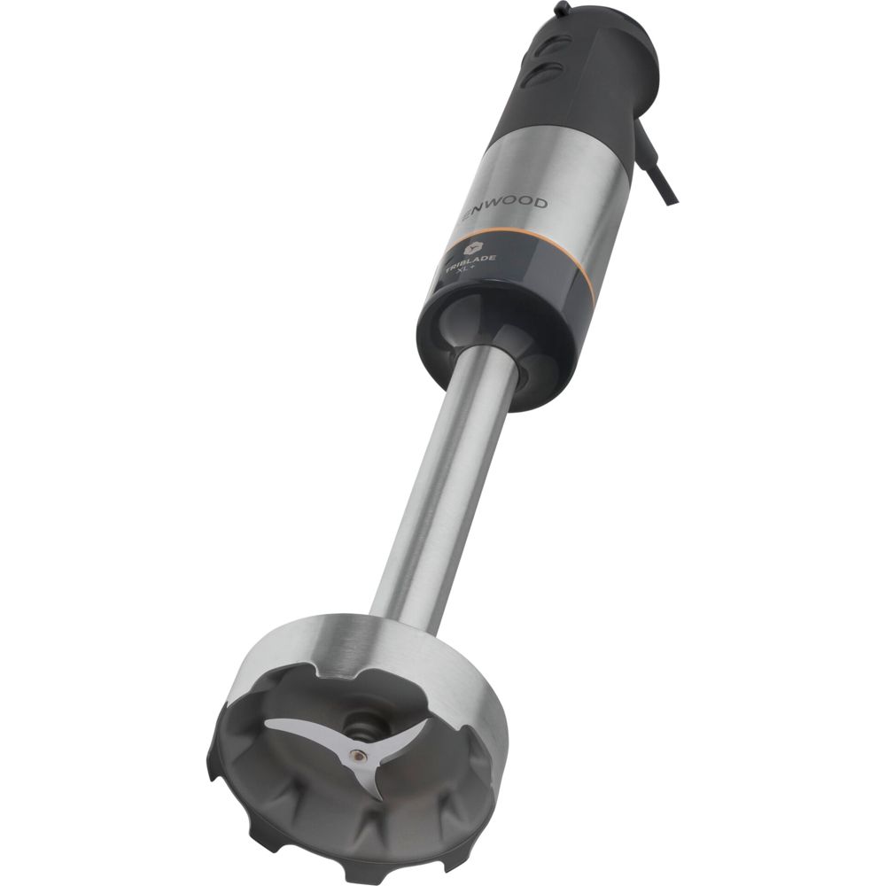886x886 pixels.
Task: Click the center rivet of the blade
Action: pyautogui.click(x=356, y=755)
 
